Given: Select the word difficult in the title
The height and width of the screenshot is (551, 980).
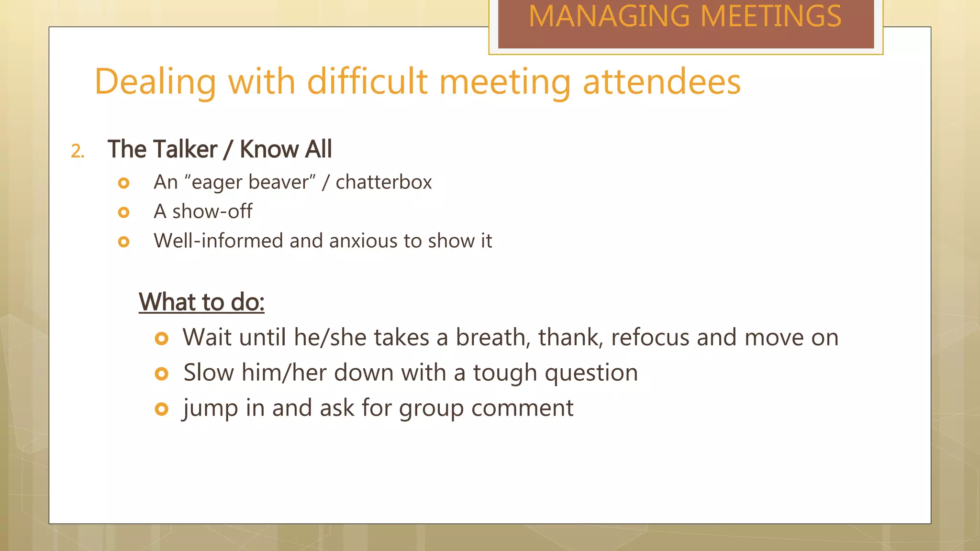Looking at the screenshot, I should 367,81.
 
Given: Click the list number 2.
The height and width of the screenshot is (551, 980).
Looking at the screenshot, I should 78,152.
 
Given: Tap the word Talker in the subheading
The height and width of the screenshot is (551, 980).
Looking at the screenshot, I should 184,149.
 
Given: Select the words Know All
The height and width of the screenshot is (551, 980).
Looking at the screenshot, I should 286,149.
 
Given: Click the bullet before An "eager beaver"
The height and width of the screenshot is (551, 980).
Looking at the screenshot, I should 124,183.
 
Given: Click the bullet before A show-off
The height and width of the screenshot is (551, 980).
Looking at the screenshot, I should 124,212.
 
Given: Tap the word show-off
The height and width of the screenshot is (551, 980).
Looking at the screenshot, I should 212,211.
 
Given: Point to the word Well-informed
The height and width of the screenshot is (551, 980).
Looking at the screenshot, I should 218,241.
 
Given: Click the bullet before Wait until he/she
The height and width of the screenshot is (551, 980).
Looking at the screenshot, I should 162,339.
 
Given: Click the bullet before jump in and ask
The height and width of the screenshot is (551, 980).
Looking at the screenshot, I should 162,409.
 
